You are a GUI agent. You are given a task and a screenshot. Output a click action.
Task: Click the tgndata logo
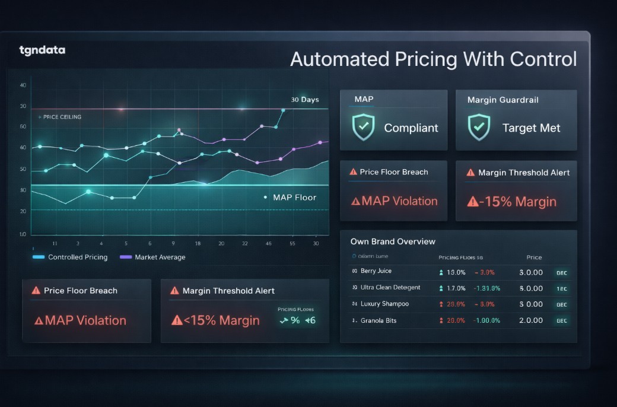pos(42,50)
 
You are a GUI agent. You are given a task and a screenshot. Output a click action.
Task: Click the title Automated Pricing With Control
pos(433,59)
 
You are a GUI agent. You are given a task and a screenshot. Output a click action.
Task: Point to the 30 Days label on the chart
pos(305,100)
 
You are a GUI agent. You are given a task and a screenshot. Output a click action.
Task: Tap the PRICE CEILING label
pos(62,117)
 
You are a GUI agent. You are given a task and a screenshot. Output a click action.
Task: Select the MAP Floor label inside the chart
pos(294,198)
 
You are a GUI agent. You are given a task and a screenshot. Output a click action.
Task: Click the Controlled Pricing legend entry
pos(78,257)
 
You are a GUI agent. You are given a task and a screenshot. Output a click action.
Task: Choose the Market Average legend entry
pos(160,257)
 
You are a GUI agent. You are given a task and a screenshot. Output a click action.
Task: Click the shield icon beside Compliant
pos(363,128)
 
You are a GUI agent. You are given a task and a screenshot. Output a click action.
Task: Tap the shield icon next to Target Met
pos(478,128)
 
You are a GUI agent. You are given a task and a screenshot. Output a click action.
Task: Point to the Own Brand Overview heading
pos(393,241)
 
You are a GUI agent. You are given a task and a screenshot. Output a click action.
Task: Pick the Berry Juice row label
pos(376,271)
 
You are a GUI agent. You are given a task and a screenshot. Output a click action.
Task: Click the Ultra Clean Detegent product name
pos(390,288)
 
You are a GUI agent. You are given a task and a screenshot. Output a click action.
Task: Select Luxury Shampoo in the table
pos(384,304)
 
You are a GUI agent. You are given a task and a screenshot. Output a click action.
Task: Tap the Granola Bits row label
pos(379,320)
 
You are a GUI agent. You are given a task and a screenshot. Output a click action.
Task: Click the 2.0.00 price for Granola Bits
pos(531,320)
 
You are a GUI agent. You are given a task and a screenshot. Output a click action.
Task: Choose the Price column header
pos(534,257)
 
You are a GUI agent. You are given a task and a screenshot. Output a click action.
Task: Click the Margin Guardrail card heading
pos(502,100)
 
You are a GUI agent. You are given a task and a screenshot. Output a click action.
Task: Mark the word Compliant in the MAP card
pos(411,128)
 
